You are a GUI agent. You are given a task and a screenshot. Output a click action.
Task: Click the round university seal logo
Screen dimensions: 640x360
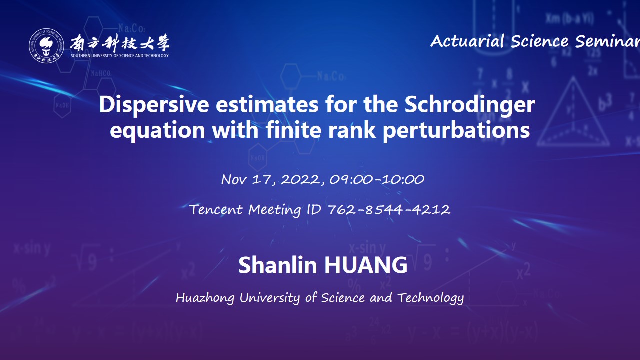click(x=46, y=45)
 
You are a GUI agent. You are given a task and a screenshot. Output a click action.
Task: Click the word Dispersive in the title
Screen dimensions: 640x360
click(x=154, y=105)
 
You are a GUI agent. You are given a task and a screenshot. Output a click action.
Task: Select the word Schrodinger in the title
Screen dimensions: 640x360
click(x=469, y=105)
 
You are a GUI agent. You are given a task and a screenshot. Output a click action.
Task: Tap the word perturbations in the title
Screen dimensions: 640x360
click(x=456, y=130)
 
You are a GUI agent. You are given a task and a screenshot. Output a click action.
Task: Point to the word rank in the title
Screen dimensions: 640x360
click(x=352, y=130)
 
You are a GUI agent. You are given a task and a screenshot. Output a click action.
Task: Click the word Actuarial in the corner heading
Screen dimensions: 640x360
click(x=467, y=41)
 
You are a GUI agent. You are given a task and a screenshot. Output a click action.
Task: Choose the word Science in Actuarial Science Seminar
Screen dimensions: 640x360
click(x=539, y=41)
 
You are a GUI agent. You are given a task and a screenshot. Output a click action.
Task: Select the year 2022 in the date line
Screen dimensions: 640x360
click(x=301, y=179)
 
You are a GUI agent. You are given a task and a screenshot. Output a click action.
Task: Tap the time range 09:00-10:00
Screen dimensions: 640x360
click(x=377, y=179)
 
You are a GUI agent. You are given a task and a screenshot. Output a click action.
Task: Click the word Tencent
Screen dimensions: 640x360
click(x=216, y=209)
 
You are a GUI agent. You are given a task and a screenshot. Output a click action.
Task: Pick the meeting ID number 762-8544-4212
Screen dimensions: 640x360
click(x=389, y=209)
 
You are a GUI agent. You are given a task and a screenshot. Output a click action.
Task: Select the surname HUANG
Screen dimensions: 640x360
click(x=366, y=265)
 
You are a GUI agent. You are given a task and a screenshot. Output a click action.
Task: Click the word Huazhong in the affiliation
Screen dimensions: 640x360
click(x=205, y=298)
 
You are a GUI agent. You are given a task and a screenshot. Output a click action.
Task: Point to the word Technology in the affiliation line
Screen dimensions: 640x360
click(x=431, y=298)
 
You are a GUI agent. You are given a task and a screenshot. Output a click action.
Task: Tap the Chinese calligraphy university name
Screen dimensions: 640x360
click(x=120, y=43)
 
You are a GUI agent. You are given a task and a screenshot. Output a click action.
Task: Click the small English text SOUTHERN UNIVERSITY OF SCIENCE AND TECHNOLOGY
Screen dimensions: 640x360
click(x=120, y=56)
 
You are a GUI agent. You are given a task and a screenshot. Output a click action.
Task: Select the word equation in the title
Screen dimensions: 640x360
click(x=157, y=131)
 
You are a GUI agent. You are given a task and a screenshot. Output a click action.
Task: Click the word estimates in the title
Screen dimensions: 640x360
click(x=267, y=105)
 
